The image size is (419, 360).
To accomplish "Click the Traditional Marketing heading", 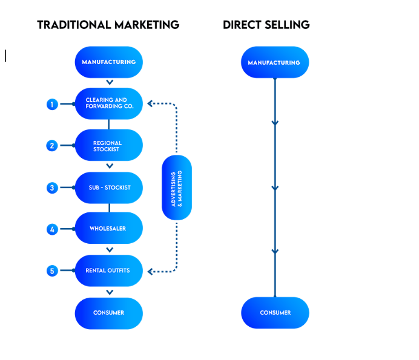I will pyautogui.click(x=108, y=25).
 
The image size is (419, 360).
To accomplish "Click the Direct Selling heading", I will pyautogui.click(x=266, y=25).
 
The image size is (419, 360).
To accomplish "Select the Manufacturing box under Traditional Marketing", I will pyautogui.click(x=109, y=62).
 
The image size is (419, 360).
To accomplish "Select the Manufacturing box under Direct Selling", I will pyautogui.click(x=275, y=62).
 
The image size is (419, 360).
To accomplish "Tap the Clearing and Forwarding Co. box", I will pyautogui.click(x=109, y=103).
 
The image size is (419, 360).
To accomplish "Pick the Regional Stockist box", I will pyautogui.click(x=109, y=146).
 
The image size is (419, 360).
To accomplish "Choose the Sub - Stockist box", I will pyautogui.click(x=109, y=188).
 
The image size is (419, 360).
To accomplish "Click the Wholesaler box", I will pyautogui.click(x=109, y=229).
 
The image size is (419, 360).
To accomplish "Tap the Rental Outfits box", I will pyautogui.click(x=109, y=270).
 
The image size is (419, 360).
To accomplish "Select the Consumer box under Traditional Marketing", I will pyautogui.click(x=109, y=313).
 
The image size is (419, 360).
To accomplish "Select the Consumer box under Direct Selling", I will pyautogui.click(x=275, y=313).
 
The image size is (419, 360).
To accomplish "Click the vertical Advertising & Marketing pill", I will pyautogui.click(x=177, y=188).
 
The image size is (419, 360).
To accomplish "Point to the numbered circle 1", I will pyautogui.click(x=52, y=104).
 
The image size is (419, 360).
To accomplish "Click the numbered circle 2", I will pyautogui.click(x=52, y=146).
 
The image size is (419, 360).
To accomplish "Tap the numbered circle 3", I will pyautogui.click(x=52, y=188).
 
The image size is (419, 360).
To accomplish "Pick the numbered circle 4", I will pyautogui.click(x=52, y=229).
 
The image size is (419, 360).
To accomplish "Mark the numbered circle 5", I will pyautogui.click(x=52, y=270).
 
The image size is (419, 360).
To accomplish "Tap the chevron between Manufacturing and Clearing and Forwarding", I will pyautogui.click(x=109, y=82).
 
